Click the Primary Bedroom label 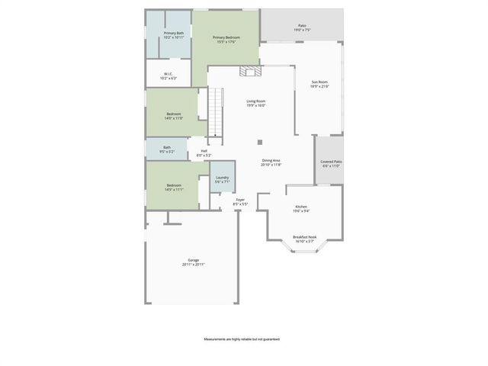[225, 40]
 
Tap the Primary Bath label [174, 35]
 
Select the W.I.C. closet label [169, 76]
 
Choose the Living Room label [255, 103]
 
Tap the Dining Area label [271, 162]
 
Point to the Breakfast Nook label [305, 239]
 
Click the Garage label [194, 262]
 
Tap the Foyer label [240, 202]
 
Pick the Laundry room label [222, 179]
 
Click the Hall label [204, 153]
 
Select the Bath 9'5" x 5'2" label [167, 149]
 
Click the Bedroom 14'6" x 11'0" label [174, 116]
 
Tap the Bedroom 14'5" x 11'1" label [174, 188]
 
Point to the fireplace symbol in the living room [250, 72]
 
